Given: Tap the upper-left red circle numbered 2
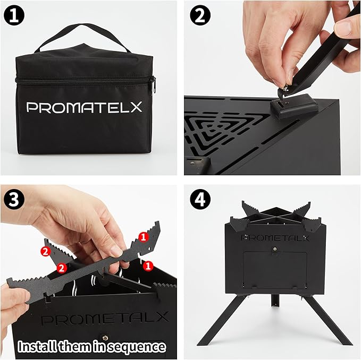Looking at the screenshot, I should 46,250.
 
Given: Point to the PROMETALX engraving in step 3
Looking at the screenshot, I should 104,319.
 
